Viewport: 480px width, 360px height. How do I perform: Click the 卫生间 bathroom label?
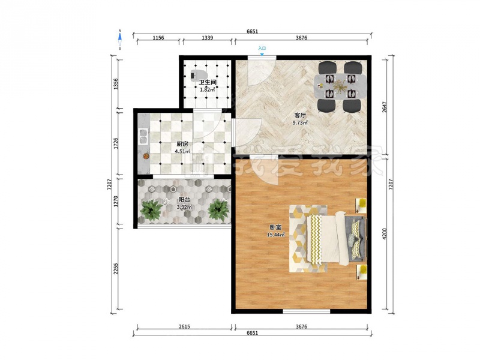[208, 82]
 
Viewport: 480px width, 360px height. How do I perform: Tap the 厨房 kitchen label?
[182, 144]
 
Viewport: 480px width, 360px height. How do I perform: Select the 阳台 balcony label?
[184, 200]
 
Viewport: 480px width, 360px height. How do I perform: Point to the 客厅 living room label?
[300, 115]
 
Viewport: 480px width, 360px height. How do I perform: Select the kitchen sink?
[143, 136]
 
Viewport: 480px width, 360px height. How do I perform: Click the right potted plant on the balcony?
[218, 210]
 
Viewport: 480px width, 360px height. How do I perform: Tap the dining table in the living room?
[340, 86]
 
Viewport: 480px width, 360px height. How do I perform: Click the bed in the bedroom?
[336, 239]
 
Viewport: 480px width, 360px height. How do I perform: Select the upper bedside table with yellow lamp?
[361, 205]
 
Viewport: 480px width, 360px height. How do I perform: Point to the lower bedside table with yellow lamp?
[361, 272]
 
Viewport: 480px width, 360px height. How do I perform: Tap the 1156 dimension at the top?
[158, 38]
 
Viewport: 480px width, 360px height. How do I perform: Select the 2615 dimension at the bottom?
[184, 326]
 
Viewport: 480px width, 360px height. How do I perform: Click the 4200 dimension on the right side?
[385, 233]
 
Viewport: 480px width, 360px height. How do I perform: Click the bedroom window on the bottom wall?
[307, 311]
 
